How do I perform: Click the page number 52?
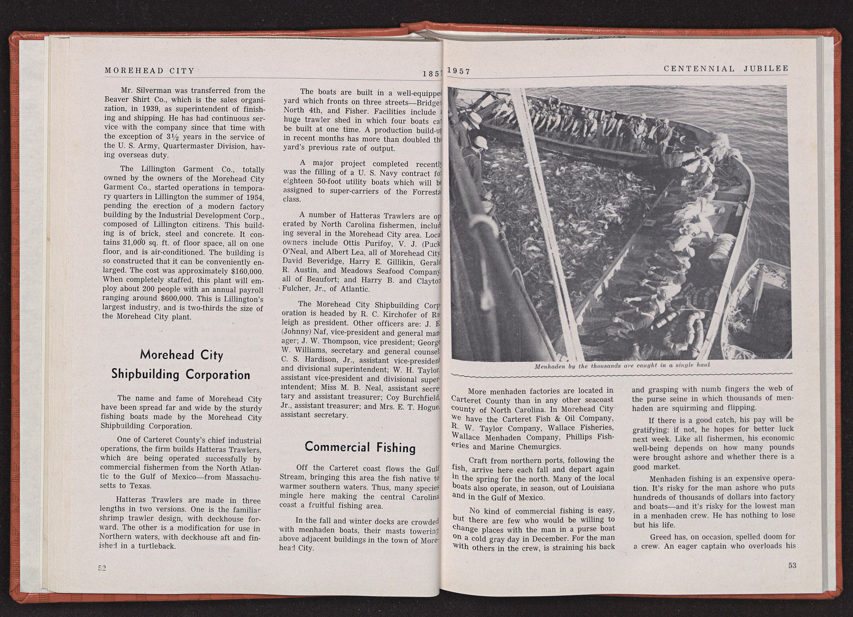(102, 568)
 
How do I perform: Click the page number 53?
(792, 565)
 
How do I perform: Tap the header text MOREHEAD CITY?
(150, 71)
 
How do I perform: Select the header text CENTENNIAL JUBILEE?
(726, 68)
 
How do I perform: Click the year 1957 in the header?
(459, 72)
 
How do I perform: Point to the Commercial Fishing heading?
(360, 447)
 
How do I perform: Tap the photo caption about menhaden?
(622, 366)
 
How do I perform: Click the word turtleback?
(157, 546)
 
